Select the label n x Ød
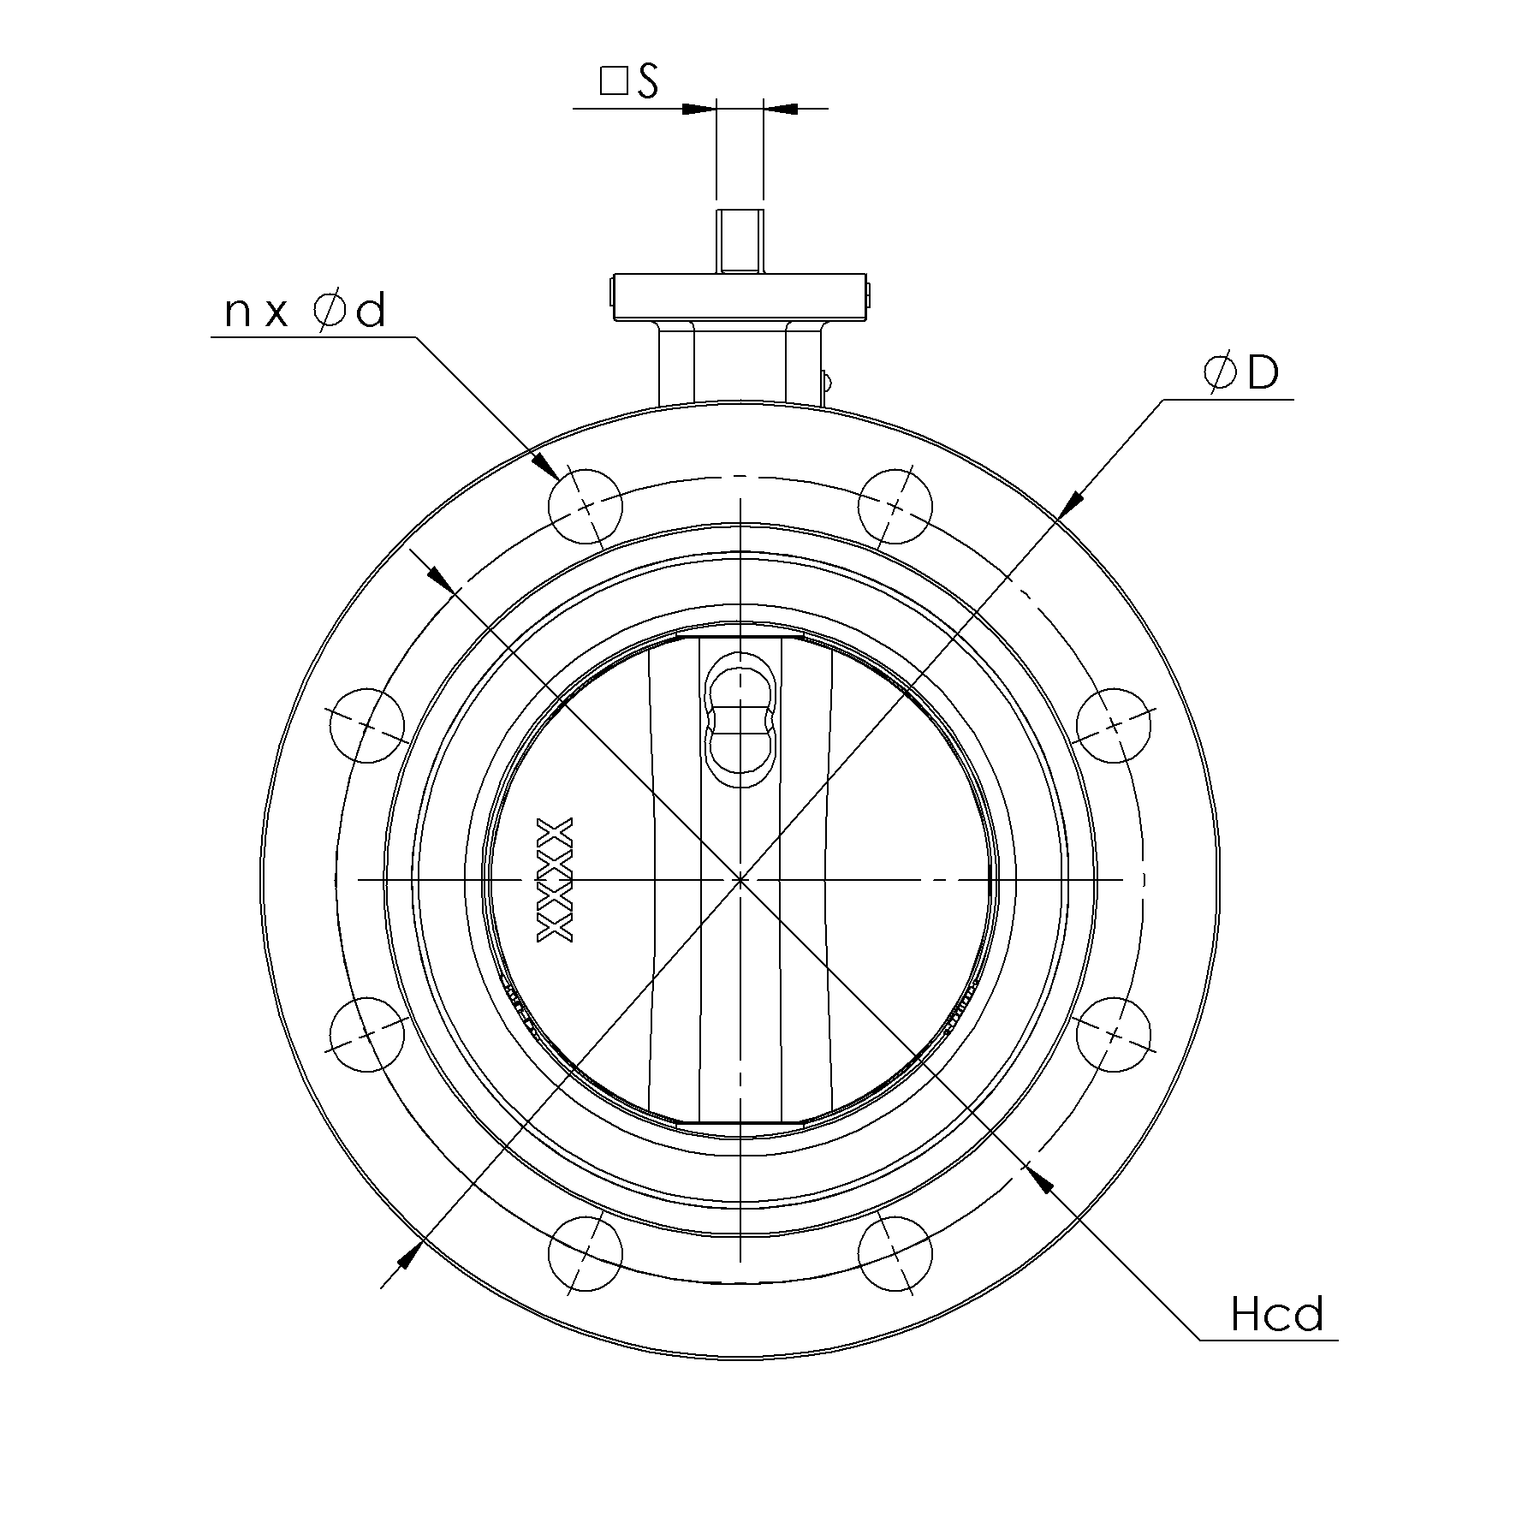click(306, 312)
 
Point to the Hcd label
click(1276, 1315)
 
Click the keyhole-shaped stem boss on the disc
click(741, 719)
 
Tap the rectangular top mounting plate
click(740, 296)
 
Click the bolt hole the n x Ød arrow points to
click(586, 506)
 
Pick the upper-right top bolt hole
click(895, 506)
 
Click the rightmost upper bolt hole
click(1113, 725)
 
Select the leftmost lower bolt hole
click(366, 1034)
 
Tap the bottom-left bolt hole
click(586, 1252)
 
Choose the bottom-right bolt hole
click(895, 1252)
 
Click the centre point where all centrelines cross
click(740, 879)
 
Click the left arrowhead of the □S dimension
click(699, 109)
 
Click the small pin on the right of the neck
click(826, 379)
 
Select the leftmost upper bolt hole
click(366, 725)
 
